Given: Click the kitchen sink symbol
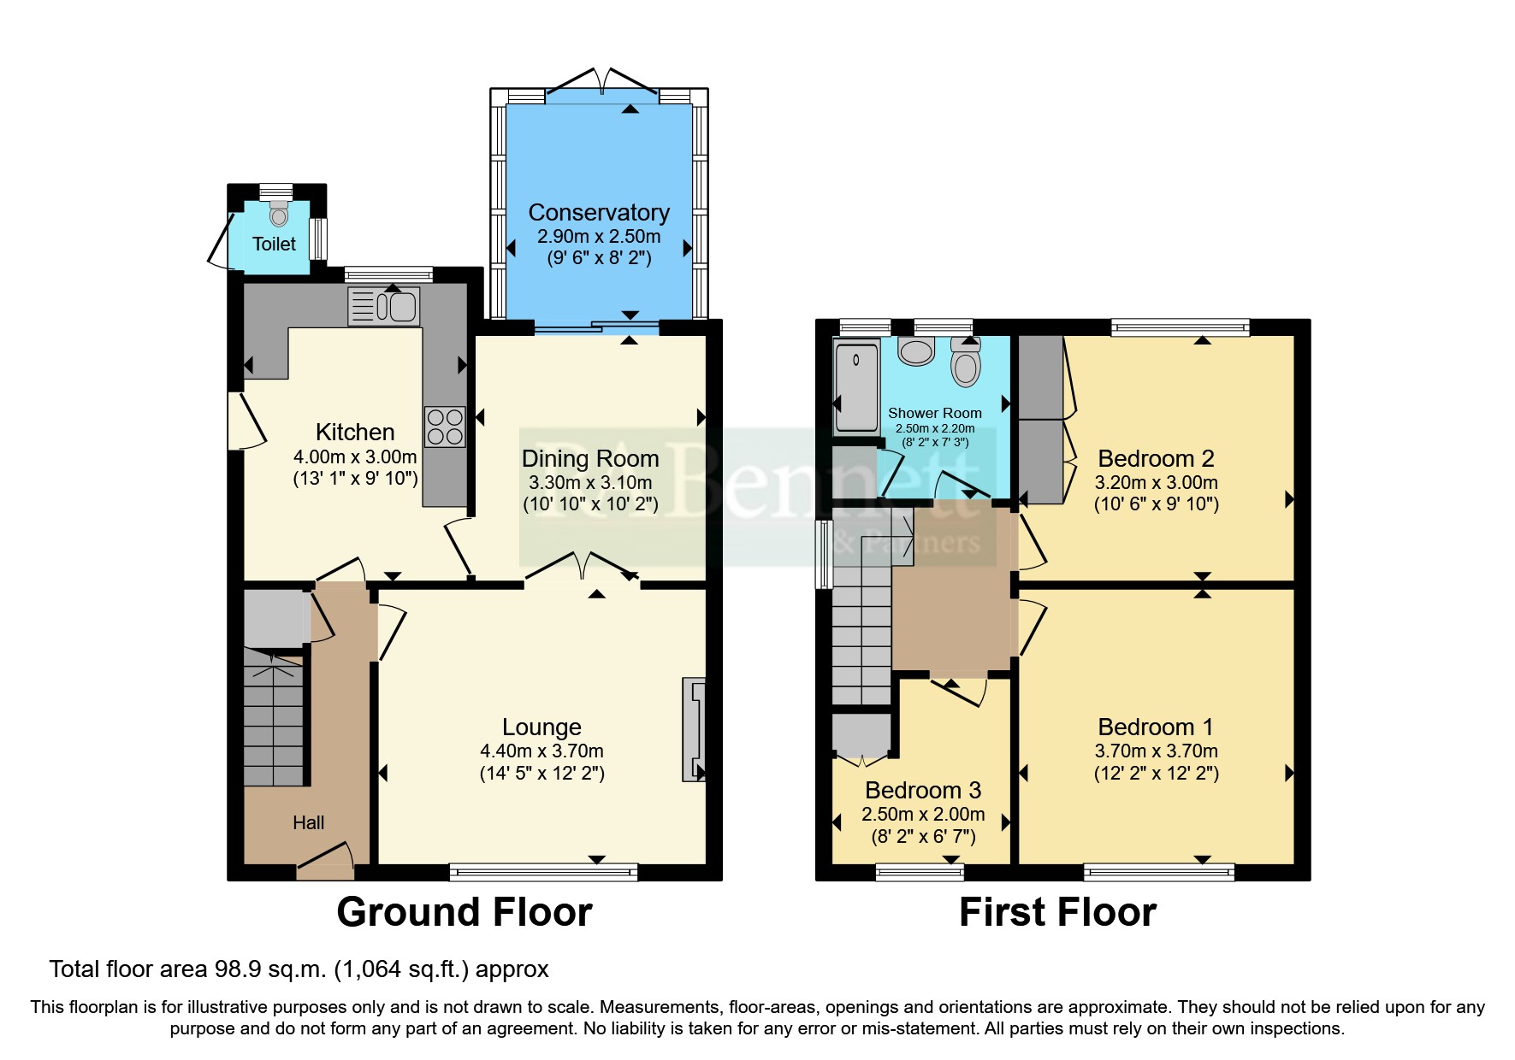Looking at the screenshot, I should (x=384, y=307).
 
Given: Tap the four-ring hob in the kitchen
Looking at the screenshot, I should (x=445, y=427).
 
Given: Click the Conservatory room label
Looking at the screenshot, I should (x=599, y=212).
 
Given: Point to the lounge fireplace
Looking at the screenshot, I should (x=694, y=729).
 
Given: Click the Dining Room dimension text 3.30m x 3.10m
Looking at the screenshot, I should (x=590, y=482).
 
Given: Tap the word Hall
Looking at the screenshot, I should (x=308, y=822).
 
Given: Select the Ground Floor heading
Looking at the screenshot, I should (x=464, y=912).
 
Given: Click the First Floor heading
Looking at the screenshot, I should (x=1057, y=912).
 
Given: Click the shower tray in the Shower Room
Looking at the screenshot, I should (x=856, y=387).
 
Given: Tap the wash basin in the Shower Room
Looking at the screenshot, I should (x=916, y=350).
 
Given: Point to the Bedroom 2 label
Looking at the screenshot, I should (x=1156, y=459).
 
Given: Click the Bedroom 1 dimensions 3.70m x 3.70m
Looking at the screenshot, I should (x=1156, y=751).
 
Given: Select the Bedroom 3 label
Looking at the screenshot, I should (x=922, y=790).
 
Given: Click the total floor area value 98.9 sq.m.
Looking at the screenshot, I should (x=270, y=969).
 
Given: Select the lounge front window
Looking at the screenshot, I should (x=543, y=872).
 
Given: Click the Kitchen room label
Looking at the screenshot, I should (x=355, y=432).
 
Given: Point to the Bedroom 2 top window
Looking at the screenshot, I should (x=1180, y=327).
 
